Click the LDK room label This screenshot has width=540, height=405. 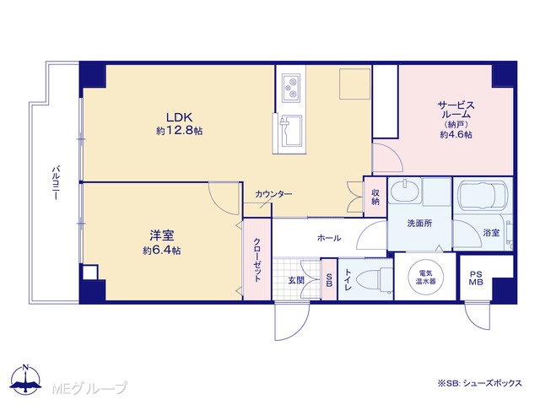pos(179,117)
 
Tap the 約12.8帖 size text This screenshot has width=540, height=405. pos(179,131)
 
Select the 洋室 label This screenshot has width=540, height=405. pos(161,235)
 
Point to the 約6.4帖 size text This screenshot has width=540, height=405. pos(161,251)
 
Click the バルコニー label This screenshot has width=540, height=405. pos(56,183)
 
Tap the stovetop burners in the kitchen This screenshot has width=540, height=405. pos(291,88)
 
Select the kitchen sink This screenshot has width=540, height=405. pos(290,131)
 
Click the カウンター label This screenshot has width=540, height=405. pos(273,194)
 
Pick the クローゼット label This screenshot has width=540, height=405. pos(257,260)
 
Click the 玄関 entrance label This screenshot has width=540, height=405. pos(296,280)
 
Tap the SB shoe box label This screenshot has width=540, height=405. pos(329,280)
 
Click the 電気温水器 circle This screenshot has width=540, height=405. pos(425,277)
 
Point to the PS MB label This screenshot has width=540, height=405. pos(476,278)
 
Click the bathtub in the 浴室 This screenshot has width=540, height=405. pos(483,195)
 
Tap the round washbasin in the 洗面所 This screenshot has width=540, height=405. pos(405,191)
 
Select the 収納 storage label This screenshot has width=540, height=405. pos(375,197)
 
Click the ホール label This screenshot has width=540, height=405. pos(329,238)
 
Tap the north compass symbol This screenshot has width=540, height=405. pos(25,381)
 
